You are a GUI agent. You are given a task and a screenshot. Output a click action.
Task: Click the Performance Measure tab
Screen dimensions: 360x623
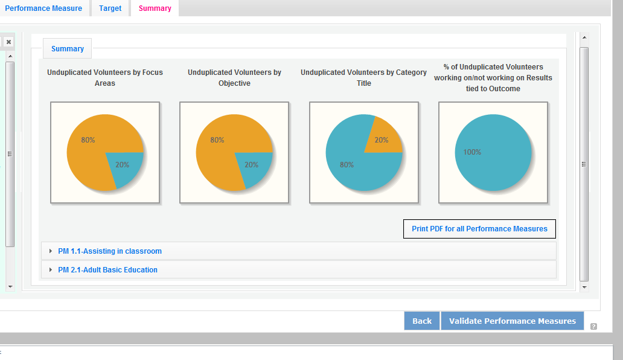(x=43, y=8)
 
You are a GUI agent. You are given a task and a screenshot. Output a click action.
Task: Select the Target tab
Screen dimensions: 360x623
(x=110, y=8)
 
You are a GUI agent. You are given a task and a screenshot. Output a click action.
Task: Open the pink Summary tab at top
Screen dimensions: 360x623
(x=155, y=8)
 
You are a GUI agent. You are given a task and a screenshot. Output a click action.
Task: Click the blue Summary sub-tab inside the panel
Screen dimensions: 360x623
(x=68, y=49)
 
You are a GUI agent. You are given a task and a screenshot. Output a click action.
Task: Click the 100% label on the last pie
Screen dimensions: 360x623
(x=472, y=152)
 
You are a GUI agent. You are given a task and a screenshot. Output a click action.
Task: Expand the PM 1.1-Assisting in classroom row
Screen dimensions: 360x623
(x=110, y=251)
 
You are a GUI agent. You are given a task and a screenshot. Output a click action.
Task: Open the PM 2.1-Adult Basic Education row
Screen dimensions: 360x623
(x=107, y=270)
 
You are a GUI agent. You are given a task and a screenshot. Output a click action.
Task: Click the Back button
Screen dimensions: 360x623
(x=422, y=321)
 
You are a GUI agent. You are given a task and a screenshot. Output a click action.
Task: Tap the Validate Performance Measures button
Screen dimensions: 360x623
(x=513, y=321)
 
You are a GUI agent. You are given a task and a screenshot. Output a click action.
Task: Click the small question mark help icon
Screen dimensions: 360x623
(x=593, y=327)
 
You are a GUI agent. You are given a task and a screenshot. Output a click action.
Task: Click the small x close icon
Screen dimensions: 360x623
(x=8, y=42)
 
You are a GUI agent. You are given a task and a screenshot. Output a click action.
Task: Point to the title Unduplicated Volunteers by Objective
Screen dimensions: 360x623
(x=234, y=77)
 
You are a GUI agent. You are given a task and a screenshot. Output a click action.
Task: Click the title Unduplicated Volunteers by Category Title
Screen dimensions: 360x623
(x=363, y=77)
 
